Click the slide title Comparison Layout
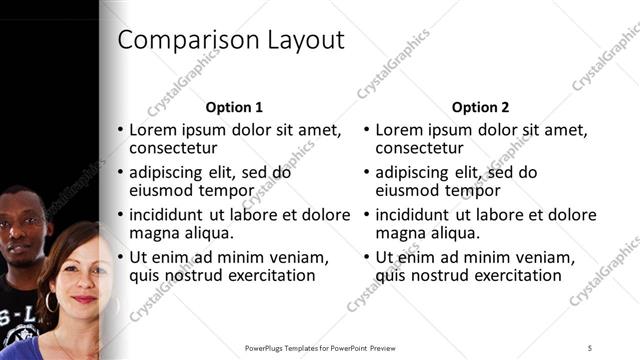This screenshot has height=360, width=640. pos(231,41)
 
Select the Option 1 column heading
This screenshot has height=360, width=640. pos(234,107)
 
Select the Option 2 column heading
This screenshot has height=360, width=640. pos(480,107)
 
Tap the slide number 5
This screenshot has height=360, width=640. pos(590,347)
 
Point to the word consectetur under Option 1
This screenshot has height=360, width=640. pos(174,149)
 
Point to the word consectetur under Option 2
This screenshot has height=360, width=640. pos(420,149)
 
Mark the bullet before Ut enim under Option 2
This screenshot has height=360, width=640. pos(367,257)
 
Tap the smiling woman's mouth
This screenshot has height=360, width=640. pos(84,299)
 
